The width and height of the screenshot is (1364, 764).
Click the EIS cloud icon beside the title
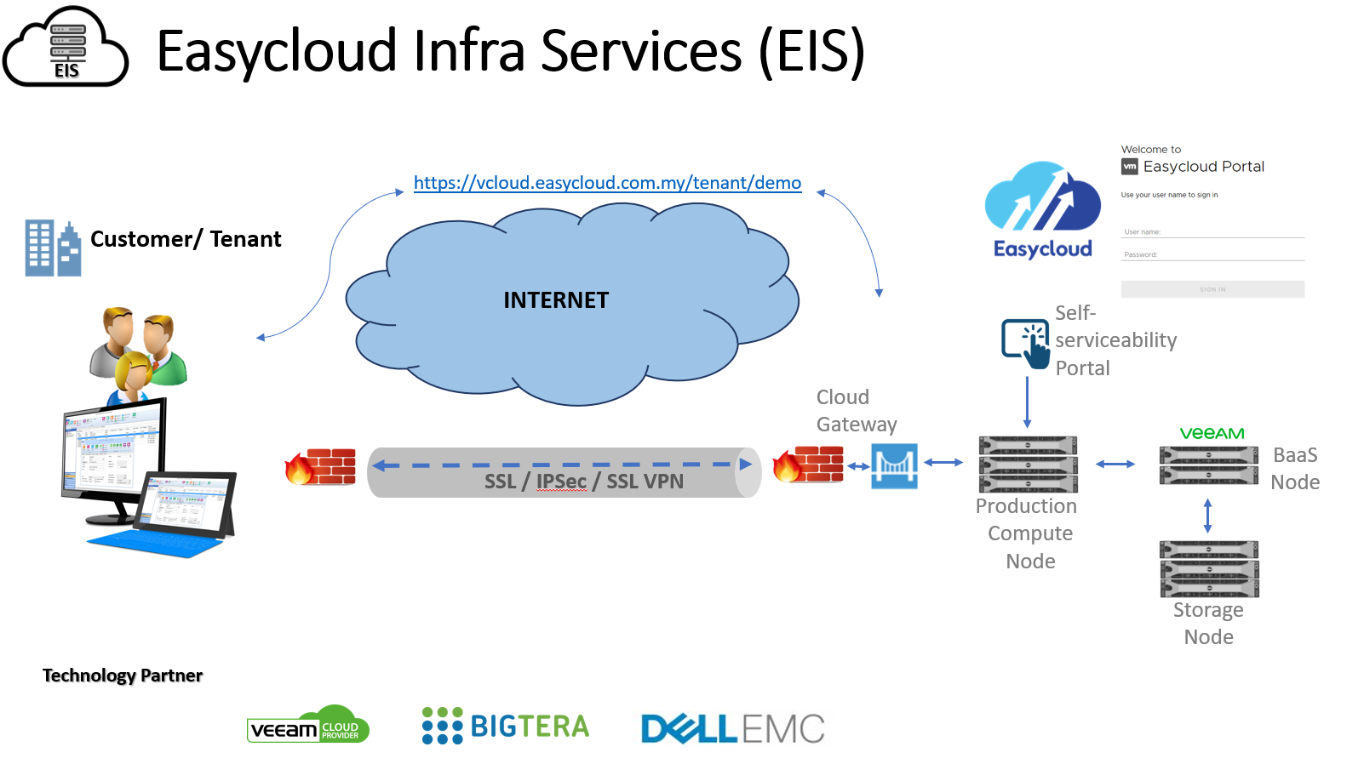pos(66,48)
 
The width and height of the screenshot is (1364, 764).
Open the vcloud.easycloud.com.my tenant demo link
pos(607,183)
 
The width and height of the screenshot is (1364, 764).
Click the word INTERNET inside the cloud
pos(556,300)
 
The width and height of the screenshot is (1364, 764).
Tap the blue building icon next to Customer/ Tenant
pos(53,248)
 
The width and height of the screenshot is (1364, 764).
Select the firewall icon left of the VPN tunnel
pos(320,466)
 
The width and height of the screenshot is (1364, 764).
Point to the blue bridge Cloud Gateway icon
pos(894,465)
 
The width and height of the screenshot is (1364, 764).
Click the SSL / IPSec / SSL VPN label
pos(583,482)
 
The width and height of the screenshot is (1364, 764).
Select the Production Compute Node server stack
pos(1028,464)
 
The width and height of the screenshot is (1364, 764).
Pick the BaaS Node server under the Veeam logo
pos(1208,465)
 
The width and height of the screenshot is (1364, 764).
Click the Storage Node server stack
pos(1209,568)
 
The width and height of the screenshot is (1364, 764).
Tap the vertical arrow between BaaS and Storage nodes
pos(1207,516)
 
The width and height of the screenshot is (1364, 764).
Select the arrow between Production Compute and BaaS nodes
pos(1115,465)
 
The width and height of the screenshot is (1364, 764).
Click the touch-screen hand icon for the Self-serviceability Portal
pos(1026,342)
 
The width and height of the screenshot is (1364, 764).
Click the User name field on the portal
pos(1212,231)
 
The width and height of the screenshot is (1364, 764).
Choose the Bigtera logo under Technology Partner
pos(506,726)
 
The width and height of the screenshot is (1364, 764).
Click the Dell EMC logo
pos(732,729)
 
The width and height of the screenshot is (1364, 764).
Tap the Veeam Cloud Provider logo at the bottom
pos(308,726)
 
